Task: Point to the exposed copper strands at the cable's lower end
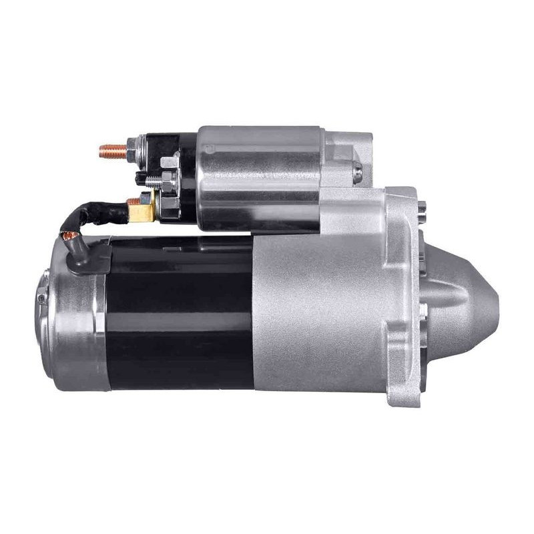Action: point(69,235)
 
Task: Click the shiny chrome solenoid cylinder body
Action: point(260,177)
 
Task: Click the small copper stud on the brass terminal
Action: point(131,200)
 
